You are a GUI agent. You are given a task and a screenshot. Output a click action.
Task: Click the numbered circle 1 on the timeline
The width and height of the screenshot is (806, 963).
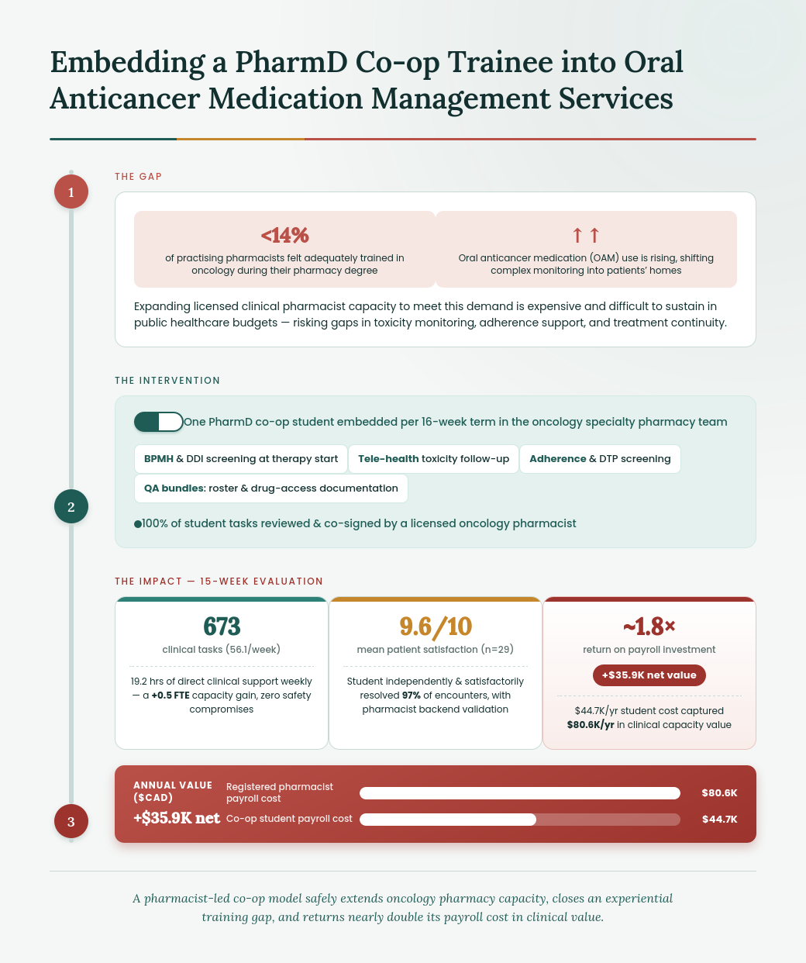coord(71,192)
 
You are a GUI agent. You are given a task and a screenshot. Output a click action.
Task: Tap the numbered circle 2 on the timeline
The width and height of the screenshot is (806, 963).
coord(71,506)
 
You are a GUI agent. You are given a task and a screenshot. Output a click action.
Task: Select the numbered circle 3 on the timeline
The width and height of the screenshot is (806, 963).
coord(71,821)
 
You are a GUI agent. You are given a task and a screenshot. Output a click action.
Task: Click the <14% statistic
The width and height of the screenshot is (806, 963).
coord(284,235)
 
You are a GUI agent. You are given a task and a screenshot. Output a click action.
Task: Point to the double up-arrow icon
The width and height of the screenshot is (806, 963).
coord(586,235)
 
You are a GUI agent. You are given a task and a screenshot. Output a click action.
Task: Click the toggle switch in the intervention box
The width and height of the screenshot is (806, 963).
coord(159,422)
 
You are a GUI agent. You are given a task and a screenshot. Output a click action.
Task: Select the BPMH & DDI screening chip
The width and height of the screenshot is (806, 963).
coord(241,459)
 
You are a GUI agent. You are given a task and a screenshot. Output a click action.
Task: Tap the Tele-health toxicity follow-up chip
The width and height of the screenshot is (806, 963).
coord(433,459)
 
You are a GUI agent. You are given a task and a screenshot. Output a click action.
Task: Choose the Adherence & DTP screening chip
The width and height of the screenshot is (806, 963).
coord(600,459)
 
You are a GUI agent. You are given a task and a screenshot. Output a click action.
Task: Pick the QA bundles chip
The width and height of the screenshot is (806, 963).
coord(271,488)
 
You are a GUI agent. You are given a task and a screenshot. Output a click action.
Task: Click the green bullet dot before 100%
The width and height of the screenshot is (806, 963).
coord(138,524)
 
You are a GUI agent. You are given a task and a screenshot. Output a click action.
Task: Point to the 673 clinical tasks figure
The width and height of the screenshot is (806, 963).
coord(222,626)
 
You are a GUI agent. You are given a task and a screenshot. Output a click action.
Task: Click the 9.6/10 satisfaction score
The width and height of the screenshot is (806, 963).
coord(436,626)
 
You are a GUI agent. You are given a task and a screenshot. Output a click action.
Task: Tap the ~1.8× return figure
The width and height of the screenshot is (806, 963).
coord(649,626)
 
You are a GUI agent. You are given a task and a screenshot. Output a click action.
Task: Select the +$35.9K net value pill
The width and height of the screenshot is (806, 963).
coord(649,675)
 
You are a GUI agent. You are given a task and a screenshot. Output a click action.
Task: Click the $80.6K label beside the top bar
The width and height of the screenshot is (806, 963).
coord(719,793)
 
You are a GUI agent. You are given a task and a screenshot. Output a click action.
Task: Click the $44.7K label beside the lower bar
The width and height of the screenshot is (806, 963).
coord(719,819)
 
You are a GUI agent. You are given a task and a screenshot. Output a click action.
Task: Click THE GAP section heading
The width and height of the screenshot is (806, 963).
coord(138,177)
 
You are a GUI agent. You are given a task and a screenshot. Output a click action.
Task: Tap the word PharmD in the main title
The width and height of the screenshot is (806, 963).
coord(291,62)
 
